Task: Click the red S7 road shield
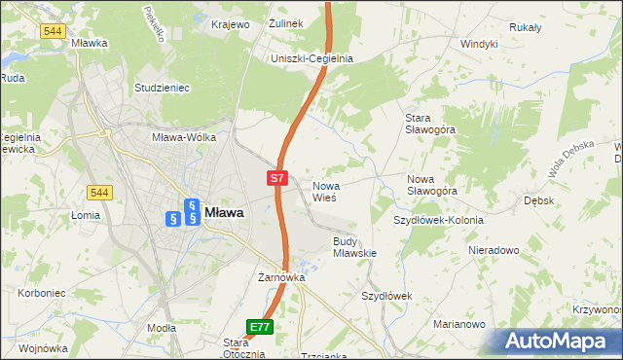(277, 178)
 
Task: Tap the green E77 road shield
(260, 328)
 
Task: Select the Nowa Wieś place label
(324, 191)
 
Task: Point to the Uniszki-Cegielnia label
(311, 58)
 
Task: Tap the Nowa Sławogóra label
(431, 185)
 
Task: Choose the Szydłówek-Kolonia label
(437, 220)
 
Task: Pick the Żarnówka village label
(281, 277)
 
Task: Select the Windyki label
(479, 44)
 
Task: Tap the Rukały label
(525, 27)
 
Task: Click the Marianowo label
(458, 324)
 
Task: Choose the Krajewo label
(231, 23)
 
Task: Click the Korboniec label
(39, 292)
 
